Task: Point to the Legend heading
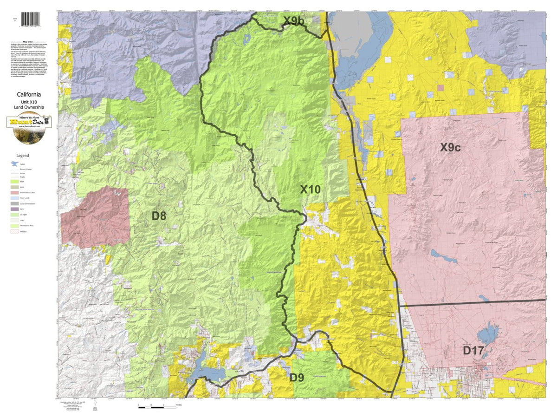[x=22, y=155]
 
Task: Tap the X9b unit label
[x=294, y=21]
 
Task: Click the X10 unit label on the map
[x=311, y=189]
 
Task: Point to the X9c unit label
[x=450, y=148]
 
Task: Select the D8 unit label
[x=159, y=216]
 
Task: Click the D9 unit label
[x=297, y=377]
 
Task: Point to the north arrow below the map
[x=94, y=408]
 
